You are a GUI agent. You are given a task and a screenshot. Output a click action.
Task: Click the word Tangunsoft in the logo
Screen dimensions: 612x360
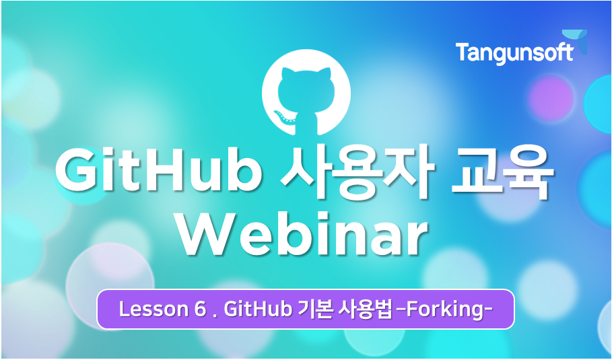click(514, 53)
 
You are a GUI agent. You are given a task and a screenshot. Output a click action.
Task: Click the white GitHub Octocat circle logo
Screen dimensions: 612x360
click(306, 92)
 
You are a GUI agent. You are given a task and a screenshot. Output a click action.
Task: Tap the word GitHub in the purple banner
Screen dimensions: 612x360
click(258, 310)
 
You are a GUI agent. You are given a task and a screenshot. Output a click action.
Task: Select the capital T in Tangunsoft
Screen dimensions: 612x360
click(463, 52)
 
